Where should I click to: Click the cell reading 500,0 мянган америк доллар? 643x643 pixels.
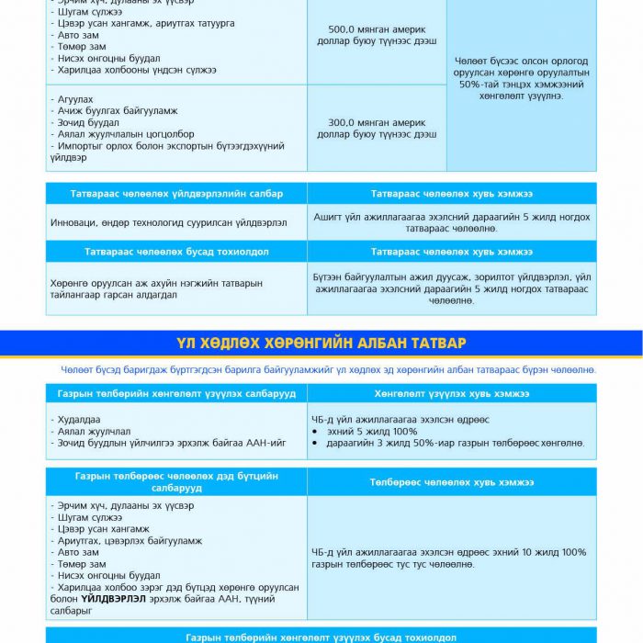[377, 35]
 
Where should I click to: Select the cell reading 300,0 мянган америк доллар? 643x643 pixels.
[377, 128]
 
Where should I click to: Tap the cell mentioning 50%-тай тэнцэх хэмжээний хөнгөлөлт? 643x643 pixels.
[521, 78]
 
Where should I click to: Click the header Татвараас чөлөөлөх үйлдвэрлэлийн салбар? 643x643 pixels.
[176, 194]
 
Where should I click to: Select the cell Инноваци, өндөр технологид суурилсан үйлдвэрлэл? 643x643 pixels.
[169, 222]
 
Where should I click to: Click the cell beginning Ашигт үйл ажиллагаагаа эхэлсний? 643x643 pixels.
[451, 222]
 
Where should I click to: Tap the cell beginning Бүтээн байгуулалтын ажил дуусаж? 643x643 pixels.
[451, 288]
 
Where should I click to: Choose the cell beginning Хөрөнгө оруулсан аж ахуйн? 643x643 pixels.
[157, 288]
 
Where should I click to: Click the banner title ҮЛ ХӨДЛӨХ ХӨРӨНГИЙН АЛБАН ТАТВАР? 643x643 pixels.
[321, 343]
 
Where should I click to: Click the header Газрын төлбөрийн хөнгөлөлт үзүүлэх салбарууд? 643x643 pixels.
[176, 393]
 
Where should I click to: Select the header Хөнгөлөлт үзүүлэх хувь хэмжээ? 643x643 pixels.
[451, 393]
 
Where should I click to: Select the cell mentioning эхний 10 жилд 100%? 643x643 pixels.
[449, 558]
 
